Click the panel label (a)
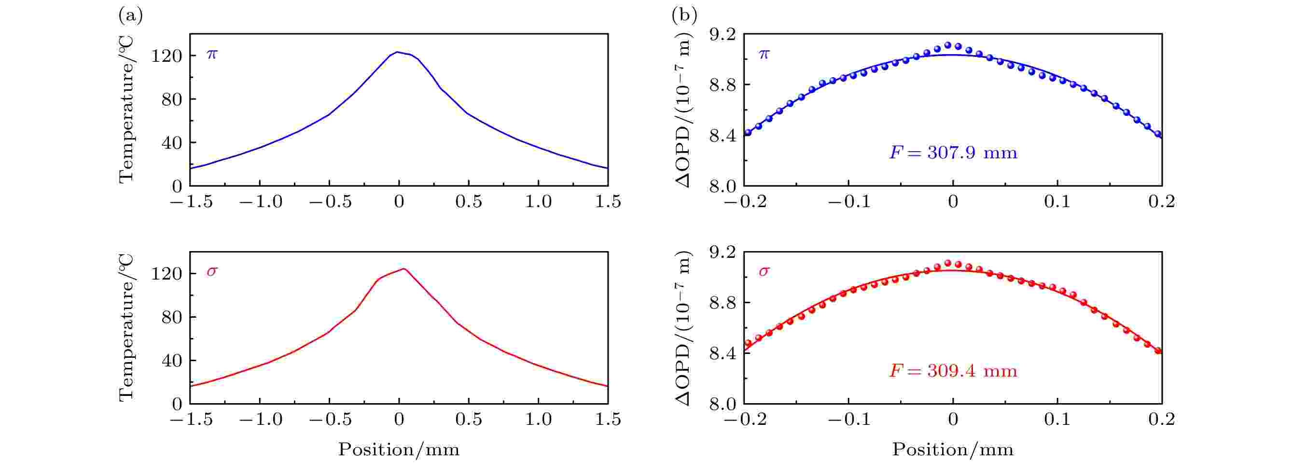(x=130, y=16)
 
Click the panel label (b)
(x=684, y=16)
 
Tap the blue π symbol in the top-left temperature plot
(x=212, y=54)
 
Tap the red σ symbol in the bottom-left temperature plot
(x=212, y=272)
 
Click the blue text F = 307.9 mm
(x=953, y=152)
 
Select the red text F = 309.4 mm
(x=953, y=371)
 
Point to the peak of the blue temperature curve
(x=397, y=52)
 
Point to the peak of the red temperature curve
(x=403, y=269)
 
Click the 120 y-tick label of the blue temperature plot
(x=167, y=56)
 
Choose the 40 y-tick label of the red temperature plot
(x=171, y=361)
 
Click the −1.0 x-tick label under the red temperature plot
(x=260, y=420)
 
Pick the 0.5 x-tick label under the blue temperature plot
(x=469, y=202)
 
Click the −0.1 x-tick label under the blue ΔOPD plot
(x=848, y=202)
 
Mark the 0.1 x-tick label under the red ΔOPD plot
(x=1057, y=420)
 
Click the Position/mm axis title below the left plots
(x=399, y=450)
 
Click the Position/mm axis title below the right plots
(x=952, y=450)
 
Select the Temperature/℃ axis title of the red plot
(x=126, y=327)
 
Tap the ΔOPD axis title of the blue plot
(x=683, y=111)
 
